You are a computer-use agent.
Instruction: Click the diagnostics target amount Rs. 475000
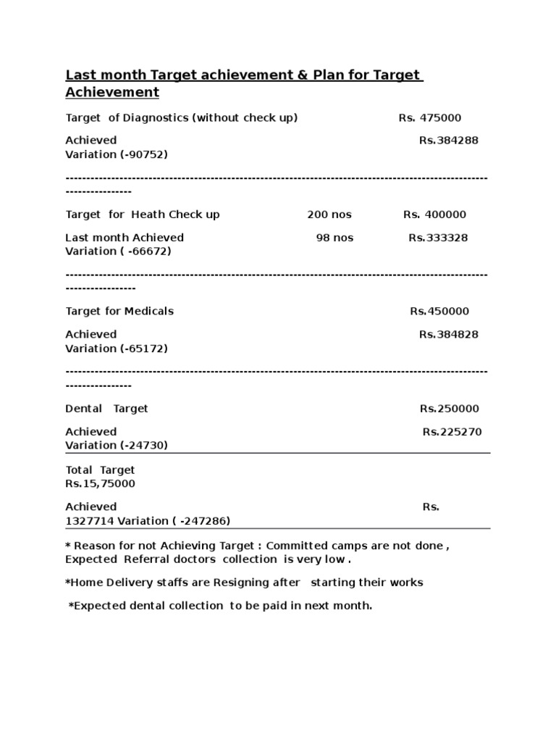coord(429,117)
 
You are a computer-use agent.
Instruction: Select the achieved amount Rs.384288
coord(448,140)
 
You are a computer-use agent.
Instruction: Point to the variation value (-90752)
coord(143,154)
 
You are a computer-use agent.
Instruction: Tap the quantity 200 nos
coord(329,214)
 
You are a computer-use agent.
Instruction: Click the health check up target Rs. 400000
coord(434,214)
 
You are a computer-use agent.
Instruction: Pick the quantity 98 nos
coord(334,238)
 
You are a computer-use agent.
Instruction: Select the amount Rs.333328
coord(438,238)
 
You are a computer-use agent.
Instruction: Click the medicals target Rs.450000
coord(439,311)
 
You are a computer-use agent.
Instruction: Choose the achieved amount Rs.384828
coord(448,334)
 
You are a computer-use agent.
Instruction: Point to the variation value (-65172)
coord(143,349)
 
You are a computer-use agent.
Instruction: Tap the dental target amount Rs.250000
coord(449,409)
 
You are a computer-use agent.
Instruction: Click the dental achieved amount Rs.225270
coord(452,432)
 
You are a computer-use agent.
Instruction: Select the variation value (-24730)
coord(143,446)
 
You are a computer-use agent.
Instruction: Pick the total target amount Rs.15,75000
coord(100,483)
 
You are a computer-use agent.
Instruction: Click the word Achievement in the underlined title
coord(112,93)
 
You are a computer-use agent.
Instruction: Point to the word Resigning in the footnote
coord(254,583)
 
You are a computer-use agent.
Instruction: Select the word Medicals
coord(148,311)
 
